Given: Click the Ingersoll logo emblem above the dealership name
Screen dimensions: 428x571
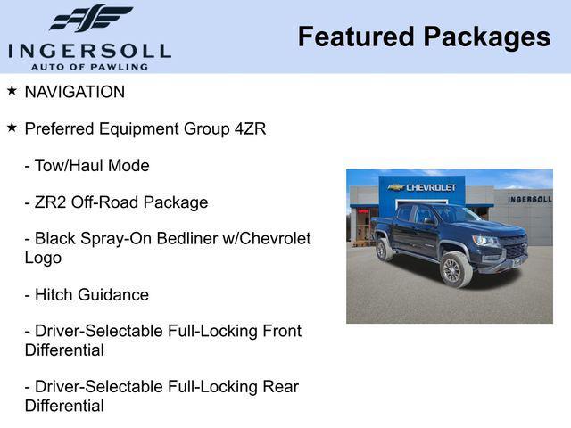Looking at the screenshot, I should coord(90,18).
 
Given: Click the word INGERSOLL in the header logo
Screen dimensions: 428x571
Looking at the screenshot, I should coord(89,50).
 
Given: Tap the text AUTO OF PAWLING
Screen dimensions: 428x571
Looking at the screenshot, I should coord(89,67).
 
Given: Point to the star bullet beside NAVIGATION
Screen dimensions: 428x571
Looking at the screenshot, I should coord(12,91).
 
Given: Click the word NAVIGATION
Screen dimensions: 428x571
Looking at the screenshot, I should coord(75,92).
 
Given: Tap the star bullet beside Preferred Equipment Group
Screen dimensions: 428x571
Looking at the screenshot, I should coord(12,128).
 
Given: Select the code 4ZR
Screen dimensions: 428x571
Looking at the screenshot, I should coord(250,128).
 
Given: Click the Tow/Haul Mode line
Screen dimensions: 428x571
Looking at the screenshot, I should coord(87,166).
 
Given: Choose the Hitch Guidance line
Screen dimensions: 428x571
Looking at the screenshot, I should coord(87,294).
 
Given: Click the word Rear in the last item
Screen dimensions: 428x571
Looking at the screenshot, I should coord(278,386).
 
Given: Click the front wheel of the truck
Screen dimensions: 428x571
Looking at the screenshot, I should coord(456,270).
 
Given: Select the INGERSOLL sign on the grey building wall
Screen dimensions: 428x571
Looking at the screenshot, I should coord(529,199).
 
